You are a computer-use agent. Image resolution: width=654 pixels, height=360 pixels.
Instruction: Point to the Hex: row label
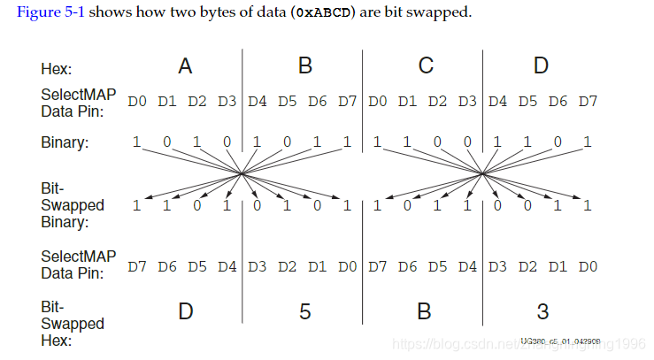pyautogui.click(x=57, y=68)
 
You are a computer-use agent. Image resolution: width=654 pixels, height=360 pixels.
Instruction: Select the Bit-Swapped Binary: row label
pyautogui.click(x=71, y=205)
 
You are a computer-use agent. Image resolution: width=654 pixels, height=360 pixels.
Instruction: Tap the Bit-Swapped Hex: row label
pyautogui.click(x=71, y=324)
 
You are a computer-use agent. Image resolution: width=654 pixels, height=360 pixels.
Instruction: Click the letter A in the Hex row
pyautogui.click(x=185, y=66)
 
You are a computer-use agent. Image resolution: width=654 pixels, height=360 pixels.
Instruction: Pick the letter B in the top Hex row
pyautogui.click(x=305, y=66)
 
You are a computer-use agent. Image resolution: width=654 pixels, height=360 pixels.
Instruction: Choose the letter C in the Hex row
pyautogui.click(x=426, y=66)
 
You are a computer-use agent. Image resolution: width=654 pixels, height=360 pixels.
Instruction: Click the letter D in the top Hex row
pyautogui.click(x=542, y=66)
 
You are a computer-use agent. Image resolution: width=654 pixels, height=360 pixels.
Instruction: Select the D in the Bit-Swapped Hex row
pyautogui.click(x=185, y=312)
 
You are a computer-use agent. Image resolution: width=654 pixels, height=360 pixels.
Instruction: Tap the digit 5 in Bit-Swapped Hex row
pyautogui.click(x=304, y=312)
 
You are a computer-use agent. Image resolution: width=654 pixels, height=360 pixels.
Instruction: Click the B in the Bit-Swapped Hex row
pyautogui.click(x=425, y=312)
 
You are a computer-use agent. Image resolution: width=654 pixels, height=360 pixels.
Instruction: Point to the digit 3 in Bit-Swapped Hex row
pyautogui.click(x=542, y=312)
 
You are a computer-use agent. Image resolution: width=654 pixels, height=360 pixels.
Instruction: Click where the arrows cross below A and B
pyautogui.click(x=242, y=173)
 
